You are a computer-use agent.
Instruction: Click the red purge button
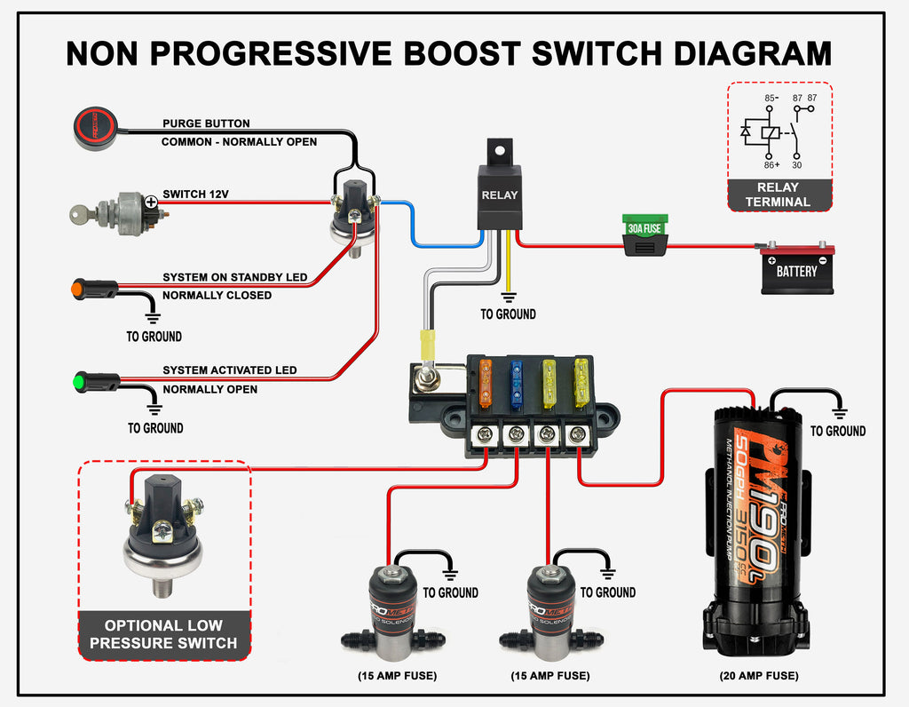[95, 126]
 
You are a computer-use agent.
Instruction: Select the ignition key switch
[120, 213]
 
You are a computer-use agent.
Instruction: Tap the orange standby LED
[94, 290]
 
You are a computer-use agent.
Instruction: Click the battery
[796, 268]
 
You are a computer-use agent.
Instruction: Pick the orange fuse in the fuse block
[486, 382]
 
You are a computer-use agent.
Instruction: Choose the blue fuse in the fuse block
[517, 384]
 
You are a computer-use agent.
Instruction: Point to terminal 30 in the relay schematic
[797, 164]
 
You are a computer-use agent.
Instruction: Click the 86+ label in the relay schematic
[771, 164]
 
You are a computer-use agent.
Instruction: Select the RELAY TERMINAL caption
[779, 195]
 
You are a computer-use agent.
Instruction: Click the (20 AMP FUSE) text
[758, 676]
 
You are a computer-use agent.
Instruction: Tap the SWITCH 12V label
[195, 195]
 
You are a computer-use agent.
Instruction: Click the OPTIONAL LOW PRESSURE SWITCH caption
[163, 634]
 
